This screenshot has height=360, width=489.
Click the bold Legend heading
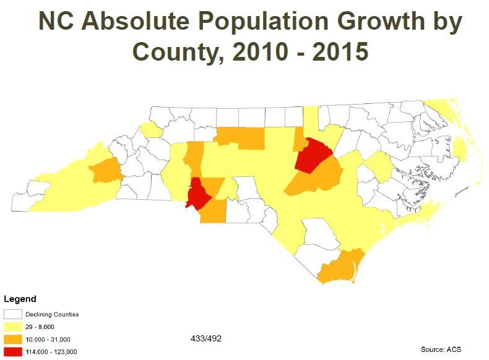click(x=20, y=299)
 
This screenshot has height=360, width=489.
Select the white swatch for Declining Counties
click(x=13, y=314)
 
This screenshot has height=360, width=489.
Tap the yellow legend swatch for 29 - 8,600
click(x=13, y=327)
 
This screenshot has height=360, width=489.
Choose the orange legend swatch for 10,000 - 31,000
click(x=13, y=339)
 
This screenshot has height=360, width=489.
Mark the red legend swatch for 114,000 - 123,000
click(x=13, y=351)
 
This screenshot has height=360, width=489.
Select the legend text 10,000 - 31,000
click(x=48, y=339)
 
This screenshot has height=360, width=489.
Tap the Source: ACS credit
click(x=441, y=349)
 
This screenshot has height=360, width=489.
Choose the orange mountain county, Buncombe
click(x=105, y=170)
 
